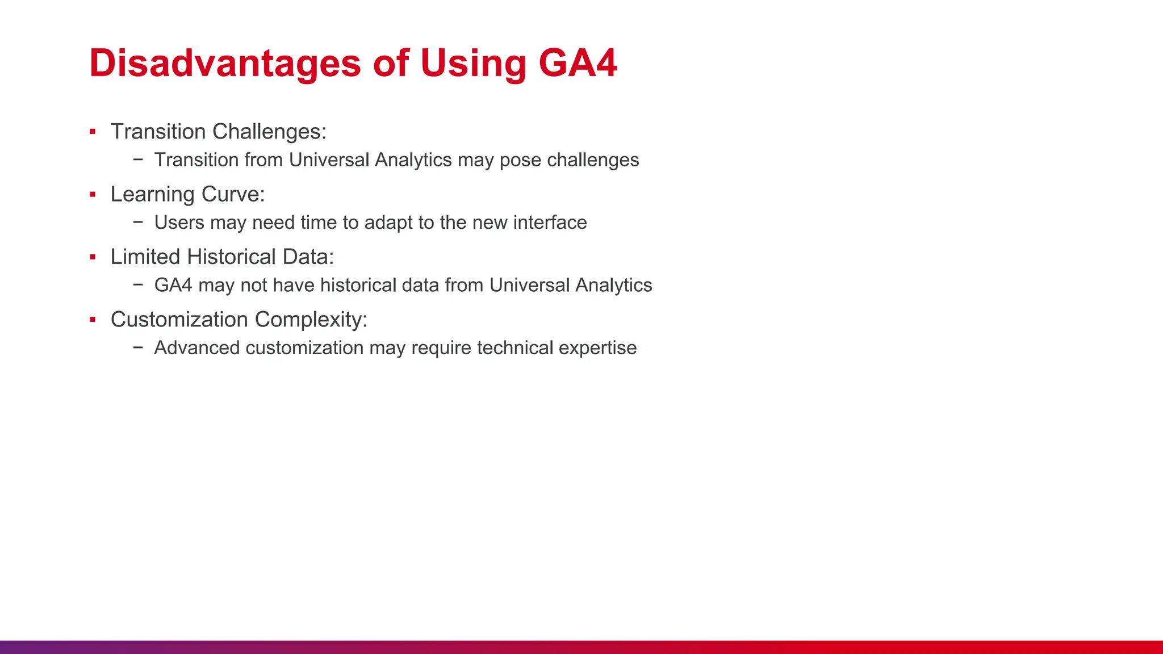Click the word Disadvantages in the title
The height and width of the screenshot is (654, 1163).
[225, 62]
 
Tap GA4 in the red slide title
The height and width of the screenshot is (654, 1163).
[577, 62]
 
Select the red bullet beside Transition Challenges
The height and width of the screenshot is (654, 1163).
[93, 132]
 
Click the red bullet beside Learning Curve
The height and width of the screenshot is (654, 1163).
[93, 195]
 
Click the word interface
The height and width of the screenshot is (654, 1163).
[550, 223]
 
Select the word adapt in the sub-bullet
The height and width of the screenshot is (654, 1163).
[388, 223]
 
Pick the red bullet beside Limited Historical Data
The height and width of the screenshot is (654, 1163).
[93, 257]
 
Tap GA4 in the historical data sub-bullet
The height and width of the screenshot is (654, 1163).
[173, 285]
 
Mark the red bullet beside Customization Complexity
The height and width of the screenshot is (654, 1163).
[93, 320]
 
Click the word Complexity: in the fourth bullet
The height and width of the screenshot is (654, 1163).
[311, 320]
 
